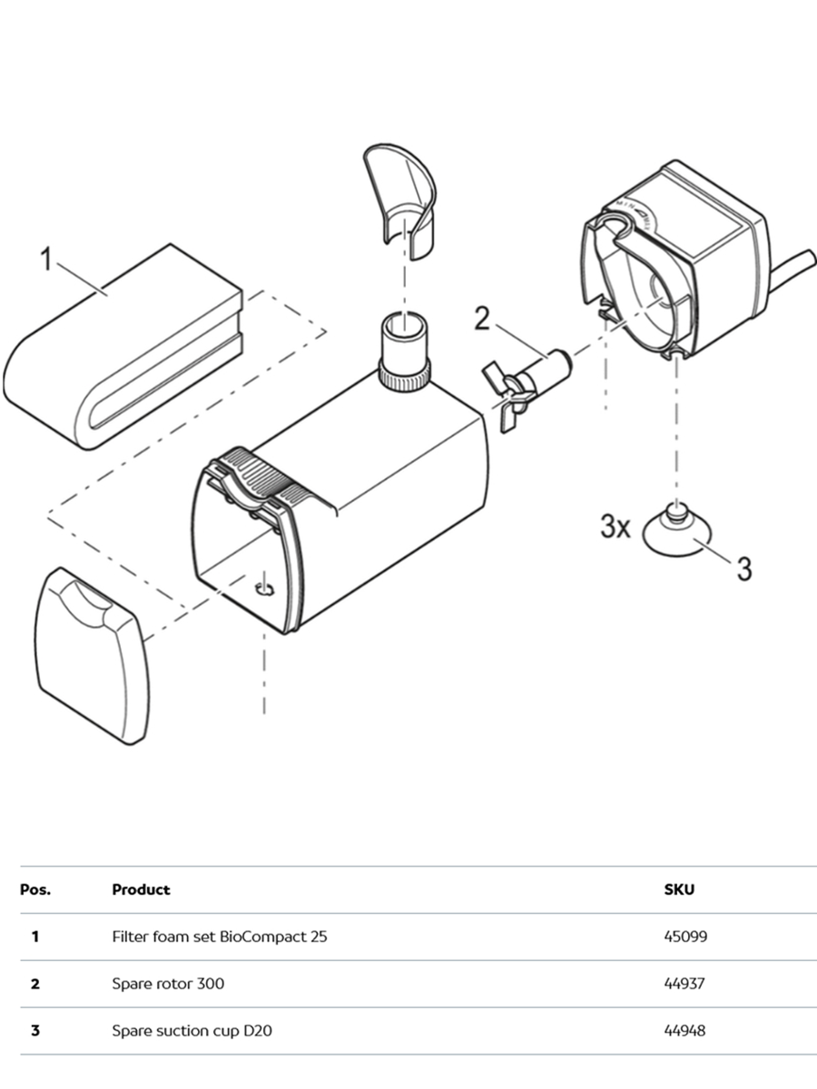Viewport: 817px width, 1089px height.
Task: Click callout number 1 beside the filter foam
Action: coord(45,260)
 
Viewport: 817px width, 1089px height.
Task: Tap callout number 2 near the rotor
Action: coord(481,319)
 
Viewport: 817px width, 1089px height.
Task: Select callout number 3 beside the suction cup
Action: coord(743,569)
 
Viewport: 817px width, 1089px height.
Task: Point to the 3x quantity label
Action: coord(615,526)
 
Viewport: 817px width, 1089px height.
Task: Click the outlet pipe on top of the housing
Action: coord(403,349)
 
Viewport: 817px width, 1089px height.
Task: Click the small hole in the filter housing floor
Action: coord(264,590)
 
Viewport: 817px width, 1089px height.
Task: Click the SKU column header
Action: coord(679,889)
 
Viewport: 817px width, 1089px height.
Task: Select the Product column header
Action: coord(141,889)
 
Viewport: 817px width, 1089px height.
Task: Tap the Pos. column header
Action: coord(35,889)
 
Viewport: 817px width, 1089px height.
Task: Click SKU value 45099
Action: coord(685,937)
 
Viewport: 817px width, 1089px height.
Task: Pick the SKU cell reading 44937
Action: coord(685,984)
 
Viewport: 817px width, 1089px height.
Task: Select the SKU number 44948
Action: coord(685,1031)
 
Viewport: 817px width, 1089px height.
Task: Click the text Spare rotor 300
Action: coord(168,984)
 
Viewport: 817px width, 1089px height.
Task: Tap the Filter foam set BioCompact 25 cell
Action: coord(219,937)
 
